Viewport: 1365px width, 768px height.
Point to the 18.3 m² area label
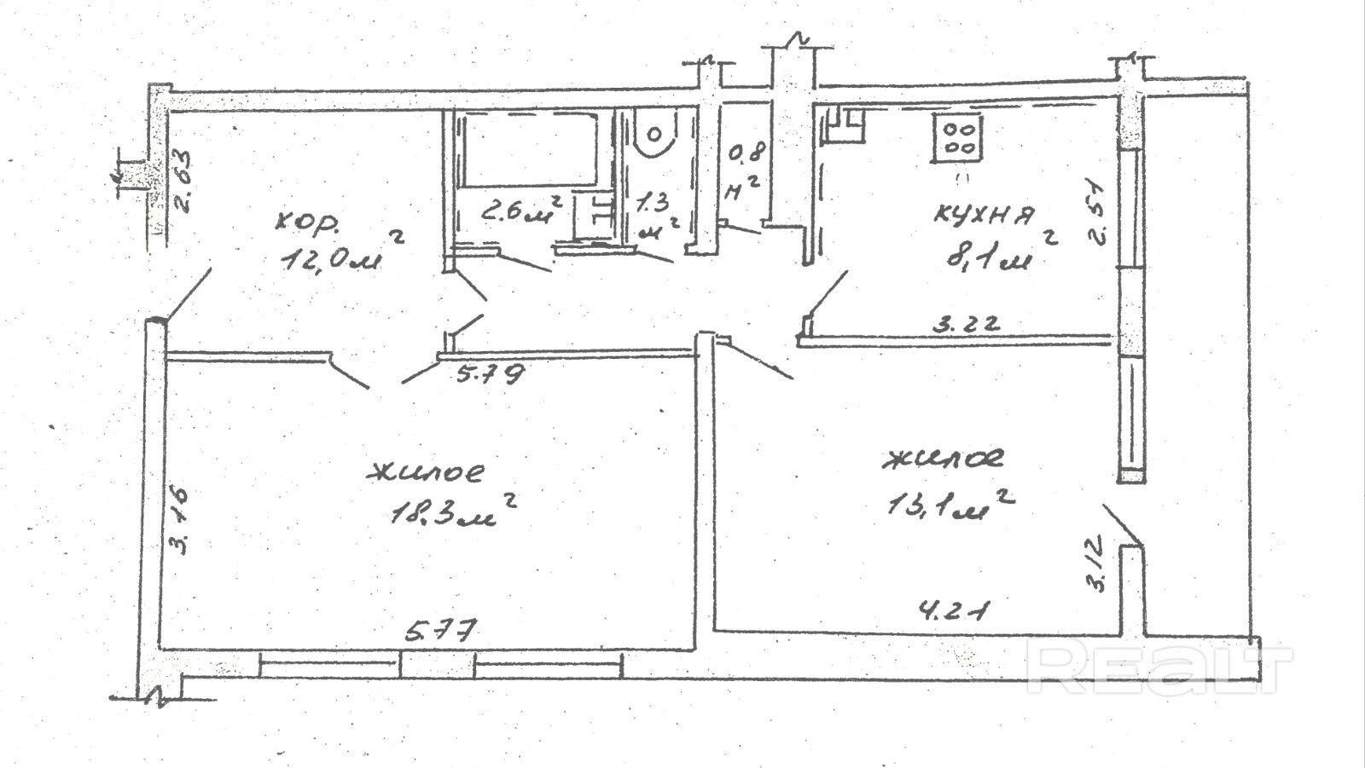click(452, 511)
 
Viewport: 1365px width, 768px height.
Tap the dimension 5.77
click(440, 632)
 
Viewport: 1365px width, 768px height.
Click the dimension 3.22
click(964, 324)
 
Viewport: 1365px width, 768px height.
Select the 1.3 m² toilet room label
click(657, 216)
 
